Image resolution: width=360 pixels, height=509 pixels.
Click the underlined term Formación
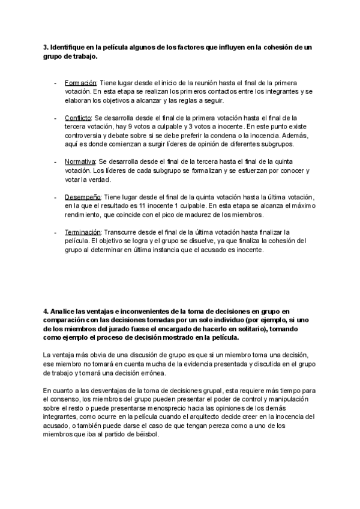80,82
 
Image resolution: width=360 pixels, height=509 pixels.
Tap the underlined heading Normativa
80,162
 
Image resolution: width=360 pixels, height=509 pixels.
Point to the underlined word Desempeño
82,197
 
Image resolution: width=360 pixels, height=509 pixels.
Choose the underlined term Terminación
83,232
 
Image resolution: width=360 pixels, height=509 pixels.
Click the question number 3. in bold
46,47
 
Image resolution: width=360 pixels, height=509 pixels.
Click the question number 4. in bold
46,311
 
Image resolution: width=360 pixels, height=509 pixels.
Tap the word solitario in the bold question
233,329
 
